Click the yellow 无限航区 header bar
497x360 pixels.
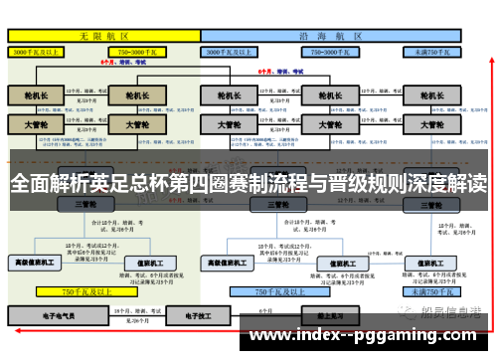tap(103, 34)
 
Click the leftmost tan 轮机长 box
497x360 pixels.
tap(36, 95)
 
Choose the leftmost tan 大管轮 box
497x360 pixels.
tap(36, 125)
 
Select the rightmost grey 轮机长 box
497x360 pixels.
tap(429, 95)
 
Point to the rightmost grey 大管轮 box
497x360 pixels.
tap(429, 125)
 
